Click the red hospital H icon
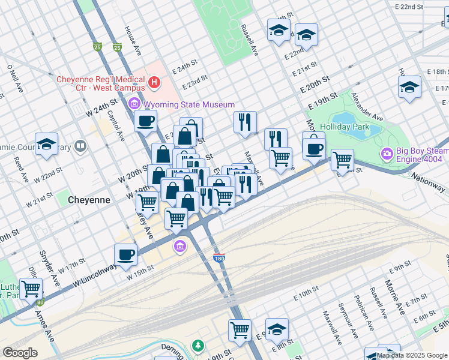155,82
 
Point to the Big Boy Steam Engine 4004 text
421,155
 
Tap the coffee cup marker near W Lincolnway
126,254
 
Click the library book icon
80,146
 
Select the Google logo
20,353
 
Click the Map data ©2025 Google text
412,355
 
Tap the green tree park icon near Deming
197,346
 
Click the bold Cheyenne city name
89,200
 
